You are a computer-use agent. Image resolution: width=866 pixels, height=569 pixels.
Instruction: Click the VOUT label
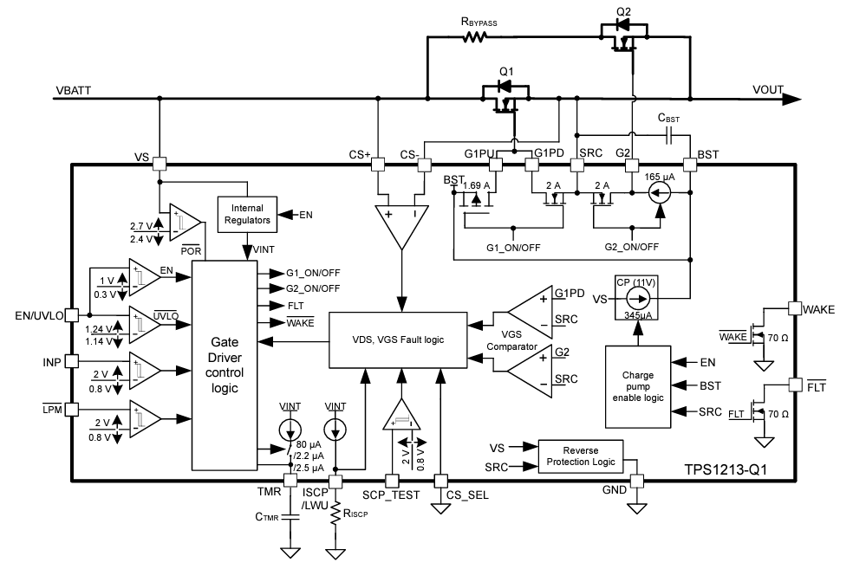[x=770, y=90]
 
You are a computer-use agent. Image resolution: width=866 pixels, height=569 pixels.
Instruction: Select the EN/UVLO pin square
[x=73, y=316]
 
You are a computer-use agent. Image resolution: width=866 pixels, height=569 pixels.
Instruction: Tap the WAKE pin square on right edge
[x=793, y=307]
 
